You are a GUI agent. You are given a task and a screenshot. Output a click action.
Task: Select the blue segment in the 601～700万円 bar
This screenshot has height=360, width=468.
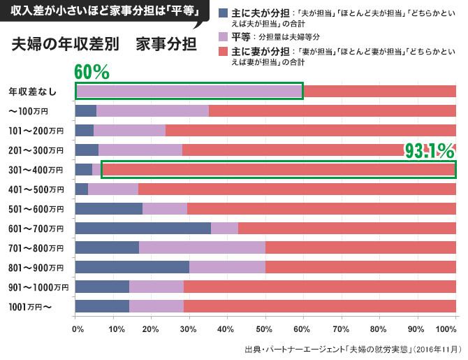(x=142, y=228)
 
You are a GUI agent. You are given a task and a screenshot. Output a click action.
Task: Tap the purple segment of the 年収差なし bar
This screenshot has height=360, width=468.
(x=189, y=91)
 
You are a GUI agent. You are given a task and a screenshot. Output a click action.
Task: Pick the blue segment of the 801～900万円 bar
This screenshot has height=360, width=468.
(x=132, y=267)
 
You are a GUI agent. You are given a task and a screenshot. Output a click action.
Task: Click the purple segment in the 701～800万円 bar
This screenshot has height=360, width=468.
(x=202, y=247)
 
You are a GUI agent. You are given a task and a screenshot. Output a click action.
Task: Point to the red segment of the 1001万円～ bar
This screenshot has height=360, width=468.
(x=320, y=306)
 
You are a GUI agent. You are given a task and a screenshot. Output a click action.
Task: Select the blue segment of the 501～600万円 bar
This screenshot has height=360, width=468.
(x=108, y=208)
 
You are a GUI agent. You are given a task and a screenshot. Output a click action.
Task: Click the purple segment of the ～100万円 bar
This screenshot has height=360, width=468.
(x=152, y=110)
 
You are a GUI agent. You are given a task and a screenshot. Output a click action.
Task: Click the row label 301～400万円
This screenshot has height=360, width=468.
(x=36, y=170)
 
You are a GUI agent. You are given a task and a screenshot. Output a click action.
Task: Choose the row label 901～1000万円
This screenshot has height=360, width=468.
(x=38, y=287)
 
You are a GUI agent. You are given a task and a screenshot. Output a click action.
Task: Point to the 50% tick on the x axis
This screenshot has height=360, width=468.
(x=265, y=328)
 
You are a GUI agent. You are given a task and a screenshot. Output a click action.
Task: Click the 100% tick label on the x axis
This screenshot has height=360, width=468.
(x=446, y=328)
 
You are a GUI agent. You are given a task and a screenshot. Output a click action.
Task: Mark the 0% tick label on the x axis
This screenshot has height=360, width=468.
(x=78, y=328)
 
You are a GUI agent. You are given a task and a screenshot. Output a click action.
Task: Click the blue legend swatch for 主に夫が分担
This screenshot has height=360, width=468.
(x=222, y=13)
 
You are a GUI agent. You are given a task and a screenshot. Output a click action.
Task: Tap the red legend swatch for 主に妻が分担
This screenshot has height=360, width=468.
(x=222, y=52)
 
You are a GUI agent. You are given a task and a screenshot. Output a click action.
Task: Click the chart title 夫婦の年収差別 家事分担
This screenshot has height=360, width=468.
(x=104, y=45)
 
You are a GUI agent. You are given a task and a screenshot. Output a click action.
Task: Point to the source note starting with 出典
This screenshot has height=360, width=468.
(x=353, y=347)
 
